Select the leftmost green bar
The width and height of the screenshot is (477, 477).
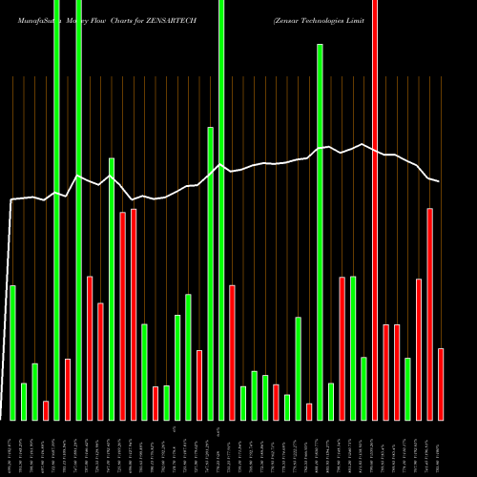(12, 352)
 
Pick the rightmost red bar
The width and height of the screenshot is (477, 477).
(441, 384)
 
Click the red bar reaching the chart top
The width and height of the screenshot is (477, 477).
(375, 210)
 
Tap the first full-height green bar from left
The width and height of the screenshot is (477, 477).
(56, 210)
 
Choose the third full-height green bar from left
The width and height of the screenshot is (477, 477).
(221, 210)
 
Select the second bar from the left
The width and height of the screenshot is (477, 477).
(24, 401)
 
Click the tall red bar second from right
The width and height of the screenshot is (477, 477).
(430, 314)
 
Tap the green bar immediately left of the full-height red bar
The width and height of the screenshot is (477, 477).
(363, 388)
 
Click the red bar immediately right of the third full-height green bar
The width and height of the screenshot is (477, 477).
(232, 352)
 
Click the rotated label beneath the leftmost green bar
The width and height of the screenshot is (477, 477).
(12, 448)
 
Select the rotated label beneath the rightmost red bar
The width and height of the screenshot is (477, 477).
(441, 448)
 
